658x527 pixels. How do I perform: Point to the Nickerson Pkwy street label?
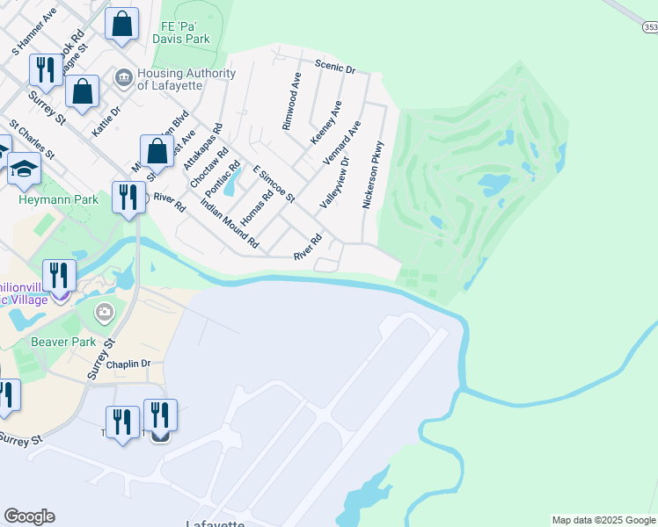coord(375,175)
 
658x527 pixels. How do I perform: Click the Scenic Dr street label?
coord(334,67)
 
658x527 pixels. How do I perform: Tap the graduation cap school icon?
coord(24,169)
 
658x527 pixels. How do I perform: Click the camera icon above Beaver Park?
coord(105,312)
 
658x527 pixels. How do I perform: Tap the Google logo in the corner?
coord(29,516)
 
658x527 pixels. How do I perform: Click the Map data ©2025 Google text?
coord(603,520)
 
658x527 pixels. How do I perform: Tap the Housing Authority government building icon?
coord(123,79)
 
